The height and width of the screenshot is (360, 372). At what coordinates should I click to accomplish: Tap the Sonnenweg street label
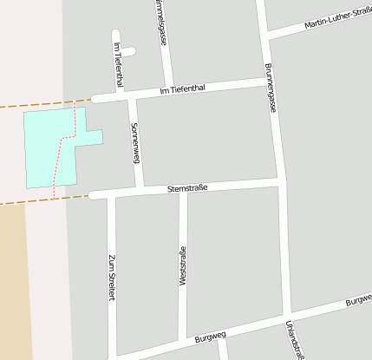pyautogui.click(x=134, y=142)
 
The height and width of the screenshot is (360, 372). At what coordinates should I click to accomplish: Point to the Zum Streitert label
pyautogui.click(x=111, y=278)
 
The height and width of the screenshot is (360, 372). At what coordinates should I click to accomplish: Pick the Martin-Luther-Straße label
pyautogui.click(x=338, y=18)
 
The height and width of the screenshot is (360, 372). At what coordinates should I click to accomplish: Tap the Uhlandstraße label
pyautogui.click(x=294, y=338)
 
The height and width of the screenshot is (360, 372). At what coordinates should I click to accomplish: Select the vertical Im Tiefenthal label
pyautogui.click(x=118, y=64)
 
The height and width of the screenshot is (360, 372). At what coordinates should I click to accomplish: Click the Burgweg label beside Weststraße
pyautogui.click(x=210, y=336)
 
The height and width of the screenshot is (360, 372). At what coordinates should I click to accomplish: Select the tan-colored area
pyautogui.click(x=12, y=278)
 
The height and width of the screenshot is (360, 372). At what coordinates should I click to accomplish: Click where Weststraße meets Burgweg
pyautogui.click(x=183, y=340)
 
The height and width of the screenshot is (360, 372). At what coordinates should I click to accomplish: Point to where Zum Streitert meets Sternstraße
pyautogui.click(x=110, y=194)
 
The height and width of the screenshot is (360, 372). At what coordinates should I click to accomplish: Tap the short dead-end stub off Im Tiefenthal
pyautogui.click(x=127, y=52)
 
